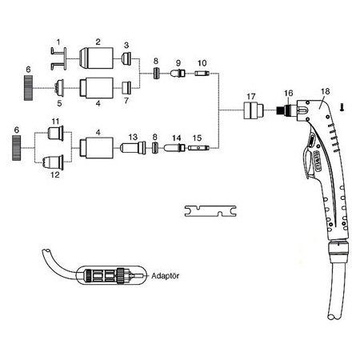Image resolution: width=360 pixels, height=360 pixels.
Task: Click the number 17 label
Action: pos(251,96)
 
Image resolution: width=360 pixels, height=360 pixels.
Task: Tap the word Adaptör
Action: pos(165,276)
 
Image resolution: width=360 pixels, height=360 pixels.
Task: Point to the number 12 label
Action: pos(55,175)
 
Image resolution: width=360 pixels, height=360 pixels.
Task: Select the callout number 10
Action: pos(202,63)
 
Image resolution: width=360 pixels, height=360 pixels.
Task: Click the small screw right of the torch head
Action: pos(342,107)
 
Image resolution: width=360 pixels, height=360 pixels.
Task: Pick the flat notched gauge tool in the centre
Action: pos(210,211)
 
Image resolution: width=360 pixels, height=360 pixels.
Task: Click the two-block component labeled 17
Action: pos(254,110)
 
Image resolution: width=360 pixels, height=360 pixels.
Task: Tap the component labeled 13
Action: pos(133,148)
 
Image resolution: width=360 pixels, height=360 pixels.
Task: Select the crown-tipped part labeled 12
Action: pos(54,162)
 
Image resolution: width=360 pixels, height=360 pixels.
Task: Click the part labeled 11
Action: pos(56,133)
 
